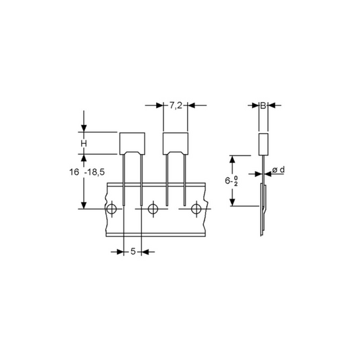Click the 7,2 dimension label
tap(176, 105)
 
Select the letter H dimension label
tap(84, 144)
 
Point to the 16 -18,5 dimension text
tap(87, 172)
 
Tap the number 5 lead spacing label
tap(133, 251)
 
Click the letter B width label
tap(263, 105)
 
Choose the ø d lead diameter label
tap(278, 170)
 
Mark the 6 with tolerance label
tap(231, 181)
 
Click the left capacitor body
tap(132, 143)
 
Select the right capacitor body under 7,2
tap(176, 143)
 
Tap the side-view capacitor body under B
tap(263, 144)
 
